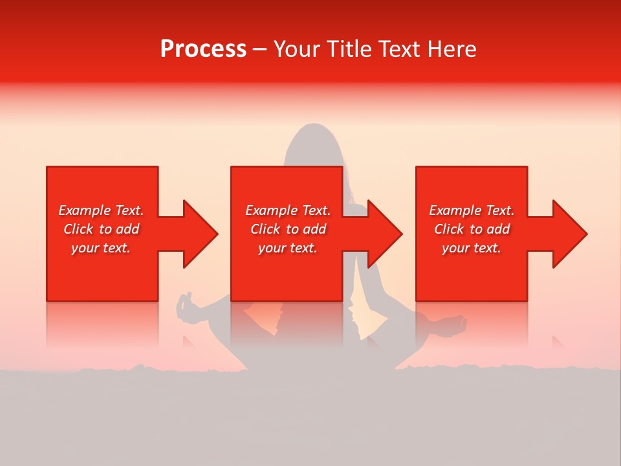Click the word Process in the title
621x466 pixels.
[x=203, y=49]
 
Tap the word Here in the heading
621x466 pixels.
[x=452, y=49]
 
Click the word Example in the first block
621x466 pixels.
[x=85, y=210]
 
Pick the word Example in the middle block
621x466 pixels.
[x=272, y=210]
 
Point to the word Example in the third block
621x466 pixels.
[x=455, y=210]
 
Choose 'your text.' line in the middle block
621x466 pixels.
[x=287, y=248]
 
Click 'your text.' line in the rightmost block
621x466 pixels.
[x=471, y=248]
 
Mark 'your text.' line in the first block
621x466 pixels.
[x=100, y=248]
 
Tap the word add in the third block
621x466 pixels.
[x=498, y=229]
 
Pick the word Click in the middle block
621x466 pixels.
[x=266, y=229]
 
